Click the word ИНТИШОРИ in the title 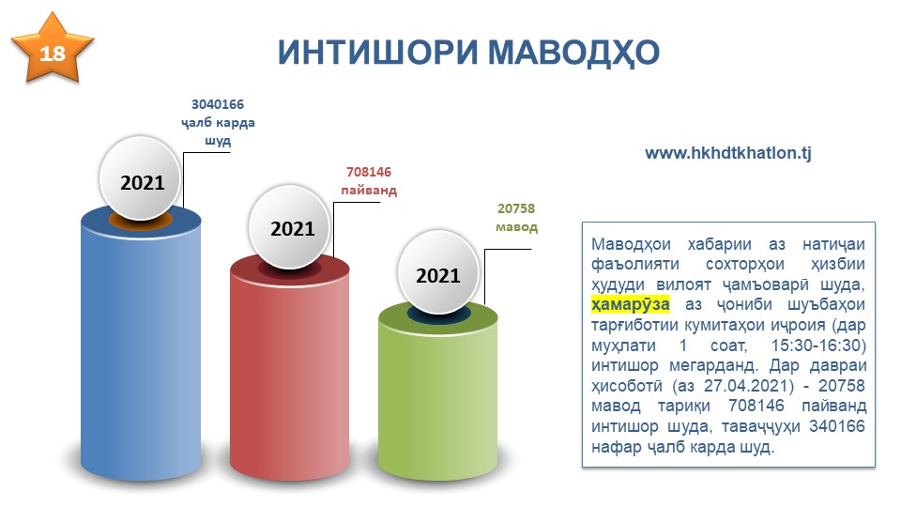(378, 53)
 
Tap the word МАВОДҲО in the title (573, 53)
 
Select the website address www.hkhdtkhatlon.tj (728, 153)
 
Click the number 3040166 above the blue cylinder (217, 104)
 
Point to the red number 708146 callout (368, 172)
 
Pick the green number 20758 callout (516, 208)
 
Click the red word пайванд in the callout (369, 191)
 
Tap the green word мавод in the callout (516, 226)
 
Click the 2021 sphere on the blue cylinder (141, 178)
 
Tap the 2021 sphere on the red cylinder (290, 226)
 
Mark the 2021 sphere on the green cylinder (438, 272)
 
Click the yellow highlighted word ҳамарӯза (631, 304)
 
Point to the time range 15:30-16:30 (818, 345)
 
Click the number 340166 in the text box (837, 426)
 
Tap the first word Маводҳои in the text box (631, 244)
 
